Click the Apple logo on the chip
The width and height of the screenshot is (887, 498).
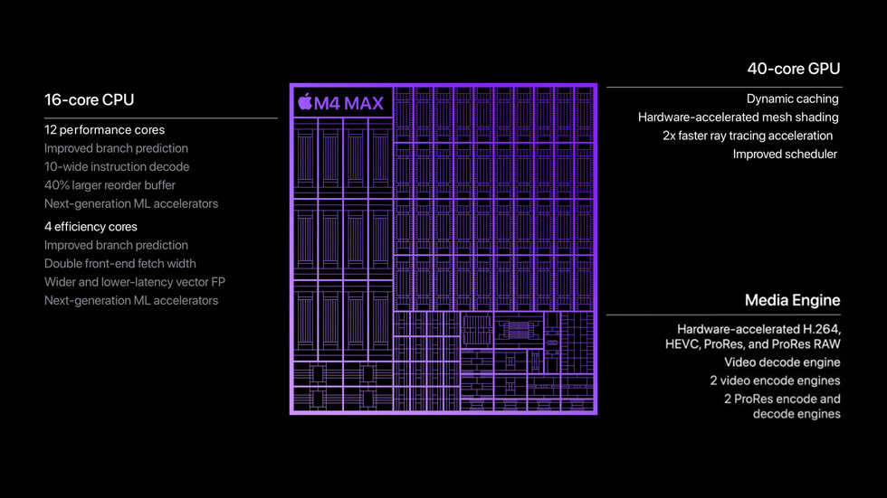point(305,102)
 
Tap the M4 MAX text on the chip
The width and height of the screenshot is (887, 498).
point(348,103)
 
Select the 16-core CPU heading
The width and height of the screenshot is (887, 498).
point(89,99)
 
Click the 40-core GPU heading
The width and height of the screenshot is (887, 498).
point(793,69)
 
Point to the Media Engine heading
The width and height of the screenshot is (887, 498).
point(792,300)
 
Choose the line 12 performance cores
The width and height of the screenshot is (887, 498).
point(104,130)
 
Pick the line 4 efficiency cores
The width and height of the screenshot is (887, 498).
point(91,227)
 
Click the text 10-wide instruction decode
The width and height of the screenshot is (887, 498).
point(117,166)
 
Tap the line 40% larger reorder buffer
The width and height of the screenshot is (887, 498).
point(110,185)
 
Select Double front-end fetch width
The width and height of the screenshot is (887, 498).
point(120,264)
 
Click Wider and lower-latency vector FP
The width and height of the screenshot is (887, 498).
point(135,282)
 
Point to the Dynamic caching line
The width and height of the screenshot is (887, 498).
point(792,99)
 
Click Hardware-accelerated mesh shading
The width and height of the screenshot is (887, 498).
point(738,117)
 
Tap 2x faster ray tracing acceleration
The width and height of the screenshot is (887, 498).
point(748,136)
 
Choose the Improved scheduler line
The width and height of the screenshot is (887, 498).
point(785,154)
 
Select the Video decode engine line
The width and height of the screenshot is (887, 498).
point(782,362)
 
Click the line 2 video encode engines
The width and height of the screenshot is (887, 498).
point(775,381)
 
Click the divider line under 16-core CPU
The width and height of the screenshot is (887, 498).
point(161,117)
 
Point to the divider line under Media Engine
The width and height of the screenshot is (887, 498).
point(723,315)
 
